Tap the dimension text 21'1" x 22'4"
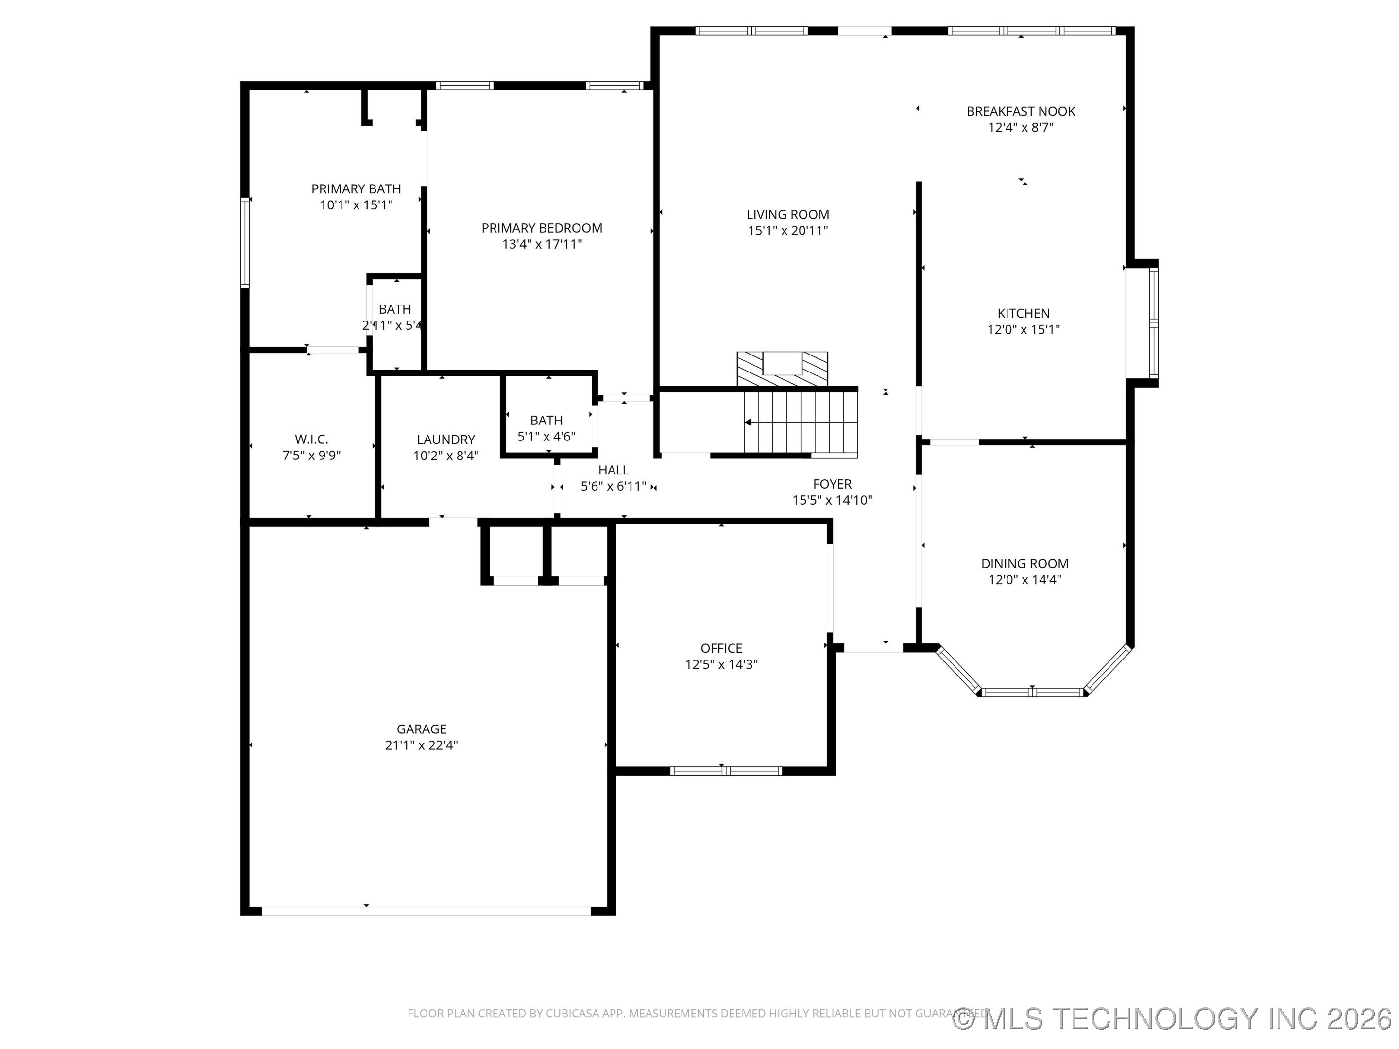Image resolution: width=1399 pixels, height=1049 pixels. pyautogui.click(x=421, y=745)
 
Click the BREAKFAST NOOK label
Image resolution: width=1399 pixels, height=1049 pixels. pyautogui.click(x=1021, y=111)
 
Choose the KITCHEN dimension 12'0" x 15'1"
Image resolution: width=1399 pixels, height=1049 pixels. pyautogui.click(x=1024, y=329)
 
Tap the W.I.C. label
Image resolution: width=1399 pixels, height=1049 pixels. pyautogui.click(x=311, y=440)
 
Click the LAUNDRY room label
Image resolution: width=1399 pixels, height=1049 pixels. pyautogui.click(x=446, y=440)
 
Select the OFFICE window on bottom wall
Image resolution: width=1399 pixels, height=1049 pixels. pyautogui.click(x=726, y=771)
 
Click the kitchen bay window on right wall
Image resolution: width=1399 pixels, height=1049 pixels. pyautogui.click(x=1153, y=322)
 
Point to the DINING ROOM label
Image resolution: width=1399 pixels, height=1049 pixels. pyautogui.click(x=1024, y=563)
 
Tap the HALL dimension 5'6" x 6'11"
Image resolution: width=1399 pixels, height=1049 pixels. pyautogui.click(x=614, y=486)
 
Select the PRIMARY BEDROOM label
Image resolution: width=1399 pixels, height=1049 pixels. pyautogui.click(x=542, y=228)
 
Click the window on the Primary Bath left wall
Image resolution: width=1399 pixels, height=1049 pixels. pyautogui.click(x=245, y=243)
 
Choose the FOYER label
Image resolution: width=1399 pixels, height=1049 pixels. pyautogui.click(x=832, y=484)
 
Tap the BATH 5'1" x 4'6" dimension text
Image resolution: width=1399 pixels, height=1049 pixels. pyautogui.click(x=546, y=436)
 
